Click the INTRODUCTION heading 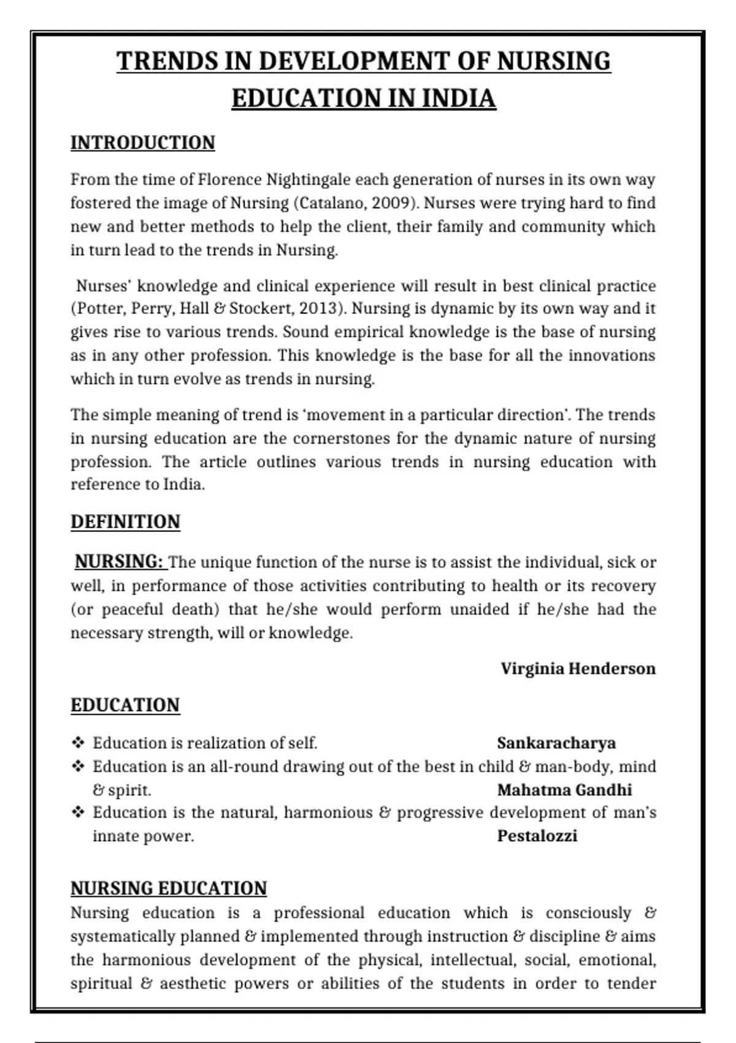tap(142, 142)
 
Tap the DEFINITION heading tap(125, 521)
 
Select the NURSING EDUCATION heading tap(169, 888)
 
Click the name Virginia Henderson tap(578, 668)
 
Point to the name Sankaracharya tap(556, 743)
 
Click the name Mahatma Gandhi tap(564, 790)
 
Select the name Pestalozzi tap(537, 836)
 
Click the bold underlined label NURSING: tap(119, 561)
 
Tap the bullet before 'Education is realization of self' tap(78, 743)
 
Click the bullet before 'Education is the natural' tap(78, 813)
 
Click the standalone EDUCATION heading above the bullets tap(125, 705)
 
